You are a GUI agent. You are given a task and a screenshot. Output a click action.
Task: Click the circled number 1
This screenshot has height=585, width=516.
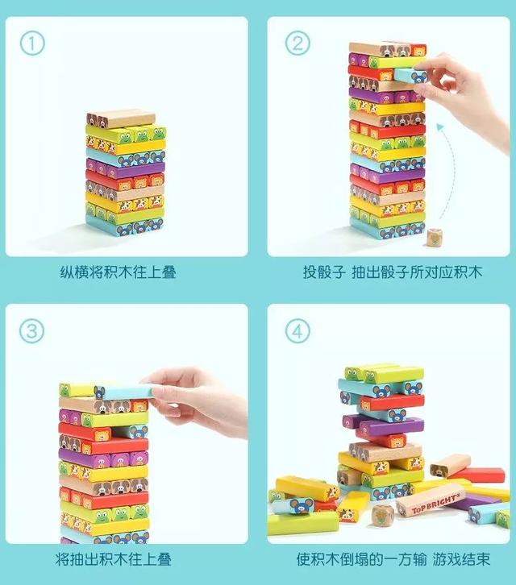tap(32, 43)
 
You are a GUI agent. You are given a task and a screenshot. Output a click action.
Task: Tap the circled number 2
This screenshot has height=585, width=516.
tap(298, 43)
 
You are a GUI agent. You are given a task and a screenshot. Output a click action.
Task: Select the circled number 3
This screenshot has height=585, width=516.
tap(31, 330)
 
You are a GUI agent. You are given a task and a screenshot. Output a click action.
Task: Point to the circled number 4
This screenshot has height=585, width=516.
tap(298, 330)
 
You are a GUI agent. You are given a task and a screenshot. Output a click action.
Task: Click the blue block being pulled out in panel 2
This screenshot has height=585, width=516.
tap(411, 75)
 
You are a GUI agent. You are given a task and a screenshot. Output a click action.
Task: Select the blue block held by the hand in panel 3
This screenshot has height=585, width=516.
tap(124, 392)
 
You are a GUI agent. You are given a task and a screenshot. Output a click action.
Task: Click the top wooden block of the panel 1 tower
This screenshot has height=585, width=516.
tap(121, 118)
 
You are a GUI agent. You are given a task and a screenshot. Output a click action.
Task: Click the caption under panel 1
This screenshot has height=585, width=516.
tap(118, 272)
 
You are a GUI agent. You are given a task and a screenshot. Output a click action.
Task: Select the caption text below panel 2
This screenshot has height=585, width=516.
tap(393, 272)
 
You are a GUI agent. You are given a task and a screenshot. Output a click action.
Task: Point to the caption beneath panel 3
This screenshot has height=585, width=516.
tap(114, 560)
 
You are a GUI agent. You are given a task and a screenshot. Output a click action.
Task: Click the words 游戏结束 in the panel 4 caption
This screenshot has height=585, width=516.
tap(461, 560)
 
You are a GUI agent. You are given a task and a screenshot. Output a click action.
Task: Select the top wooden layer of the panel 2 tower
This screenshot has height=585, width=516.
tap(387, 49)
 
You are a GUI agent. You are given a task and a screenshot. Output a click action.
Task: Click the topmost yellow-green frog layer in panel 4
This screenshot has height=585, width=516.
tap(384, 374)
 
